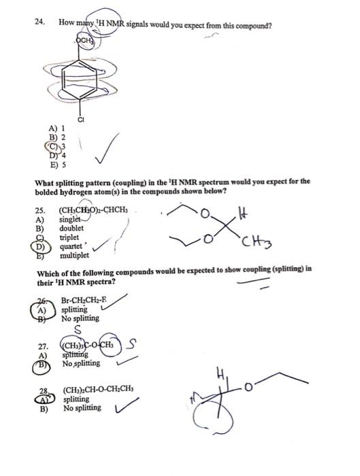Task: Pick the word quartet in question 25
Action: click(72, 244)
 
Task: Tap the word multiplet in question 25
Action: click(76, 254)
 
